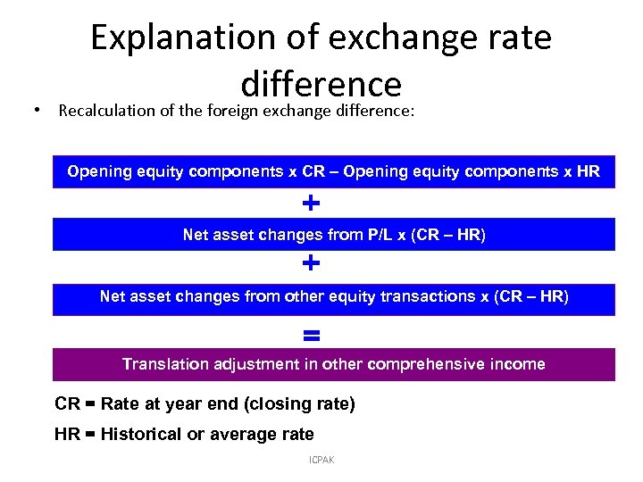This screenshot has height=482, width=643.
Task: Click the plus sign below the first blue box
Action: pos(311,204)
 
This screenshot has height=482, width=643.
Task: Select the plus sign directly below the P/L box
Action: pos(311,264)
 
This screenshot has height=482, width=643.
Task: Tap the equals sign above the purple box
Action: pos(311,336)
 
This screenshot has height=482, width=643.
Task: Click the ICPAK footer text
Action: pos(321,460)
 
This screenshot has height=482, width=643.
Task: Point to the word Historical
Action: pos(141,435)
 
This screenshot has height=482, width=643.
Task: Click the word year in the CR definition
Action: pos(188,404)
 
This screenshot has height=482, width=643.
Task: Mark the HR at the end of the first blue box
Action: pos(588,171)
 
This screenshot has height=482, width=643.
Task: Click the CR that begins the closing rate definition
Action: pos(67,404)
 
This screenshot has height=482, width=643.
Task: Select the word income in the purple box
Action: pos(516,364)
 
